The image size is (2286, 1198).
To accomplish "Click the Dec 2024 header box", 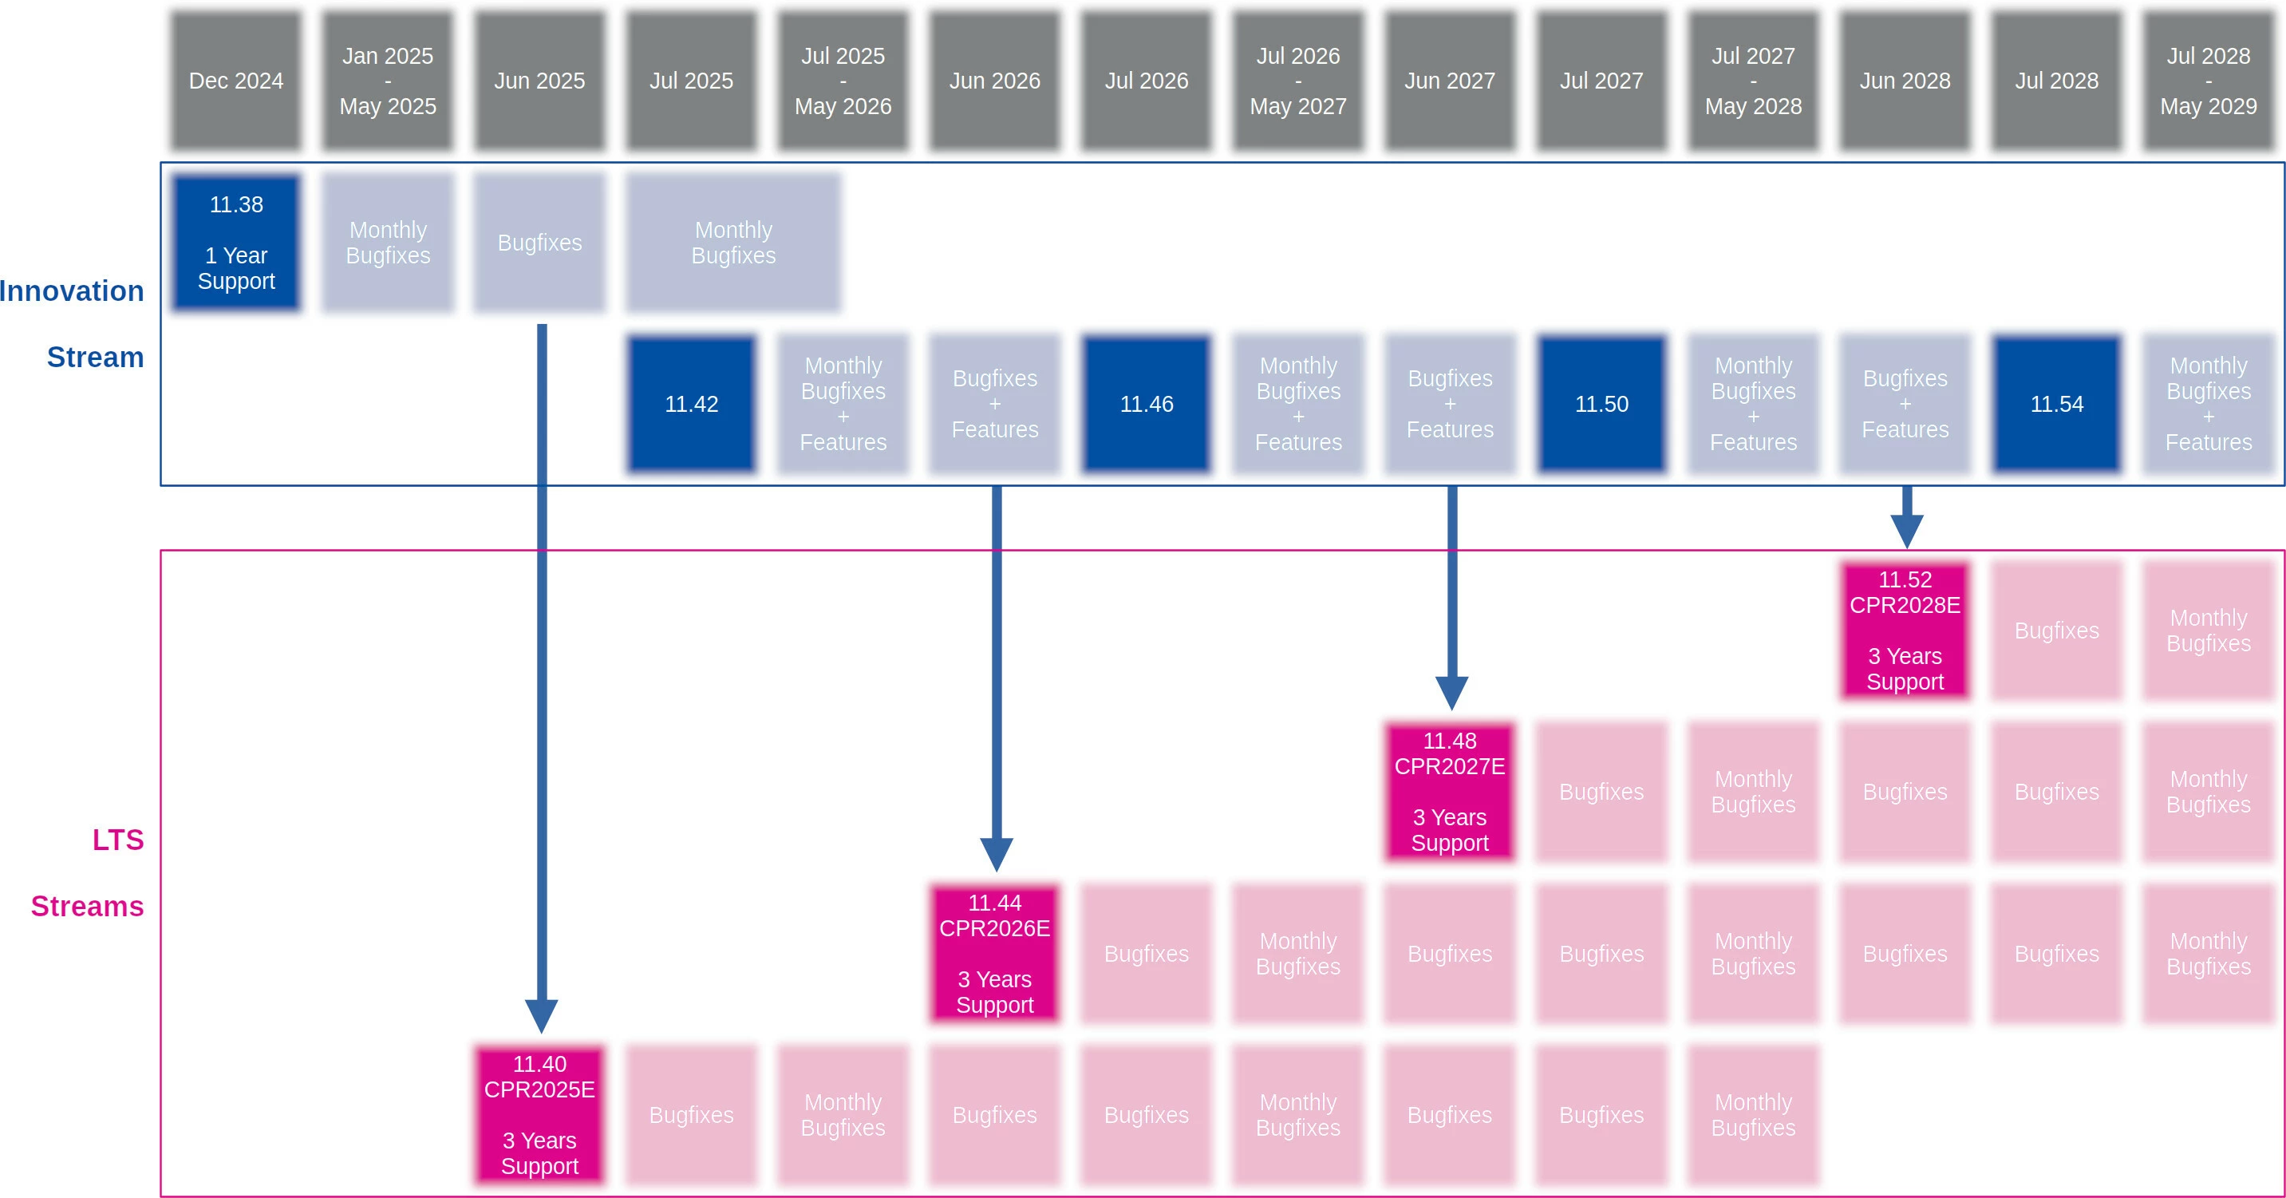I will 236,81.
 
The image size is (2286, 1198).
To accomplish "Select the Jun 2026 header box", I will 995,81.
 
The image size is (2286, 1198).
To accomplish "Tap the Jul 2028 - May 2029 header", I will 2208,81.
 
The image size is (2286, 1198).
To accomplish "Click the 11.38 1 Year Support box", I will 236,243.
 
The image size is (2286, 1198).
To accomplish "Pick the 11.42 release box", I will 691,404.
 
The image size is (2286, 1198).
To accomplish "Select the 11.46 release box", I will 1147,404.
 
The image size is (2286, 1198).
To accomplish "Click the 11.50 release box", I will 1602,404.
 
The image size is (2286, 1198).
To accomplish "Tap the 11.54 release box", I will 2056,404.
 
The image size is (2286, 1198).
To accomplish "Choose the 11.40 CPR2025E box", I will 539,1114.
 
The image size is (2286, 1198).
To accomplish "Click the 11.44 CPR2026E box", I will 995,953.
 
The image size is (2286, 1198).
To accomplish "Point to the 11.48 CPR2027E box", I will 1450,792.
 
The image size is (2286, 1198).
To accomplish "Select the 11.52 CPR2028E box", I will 1905,630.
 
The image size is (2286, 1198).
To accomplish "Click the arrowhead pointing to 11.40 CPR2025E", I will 541,1015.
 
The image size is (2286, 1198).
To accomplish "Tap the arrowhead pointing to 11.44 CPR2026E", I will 997,854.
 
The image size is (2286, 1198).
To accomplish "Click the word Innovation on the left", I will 71,291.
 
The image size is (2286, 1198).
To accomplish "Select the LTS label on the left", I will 118,840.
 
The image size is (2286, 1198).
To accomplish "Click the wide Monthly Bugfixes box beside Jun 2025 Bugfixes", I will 733,243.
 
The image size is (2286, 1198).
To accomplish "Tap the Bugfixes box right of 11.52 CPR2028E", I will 2056,630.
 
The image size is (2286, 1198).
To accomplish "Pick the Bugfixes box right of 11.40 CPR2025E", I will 691,1114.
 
